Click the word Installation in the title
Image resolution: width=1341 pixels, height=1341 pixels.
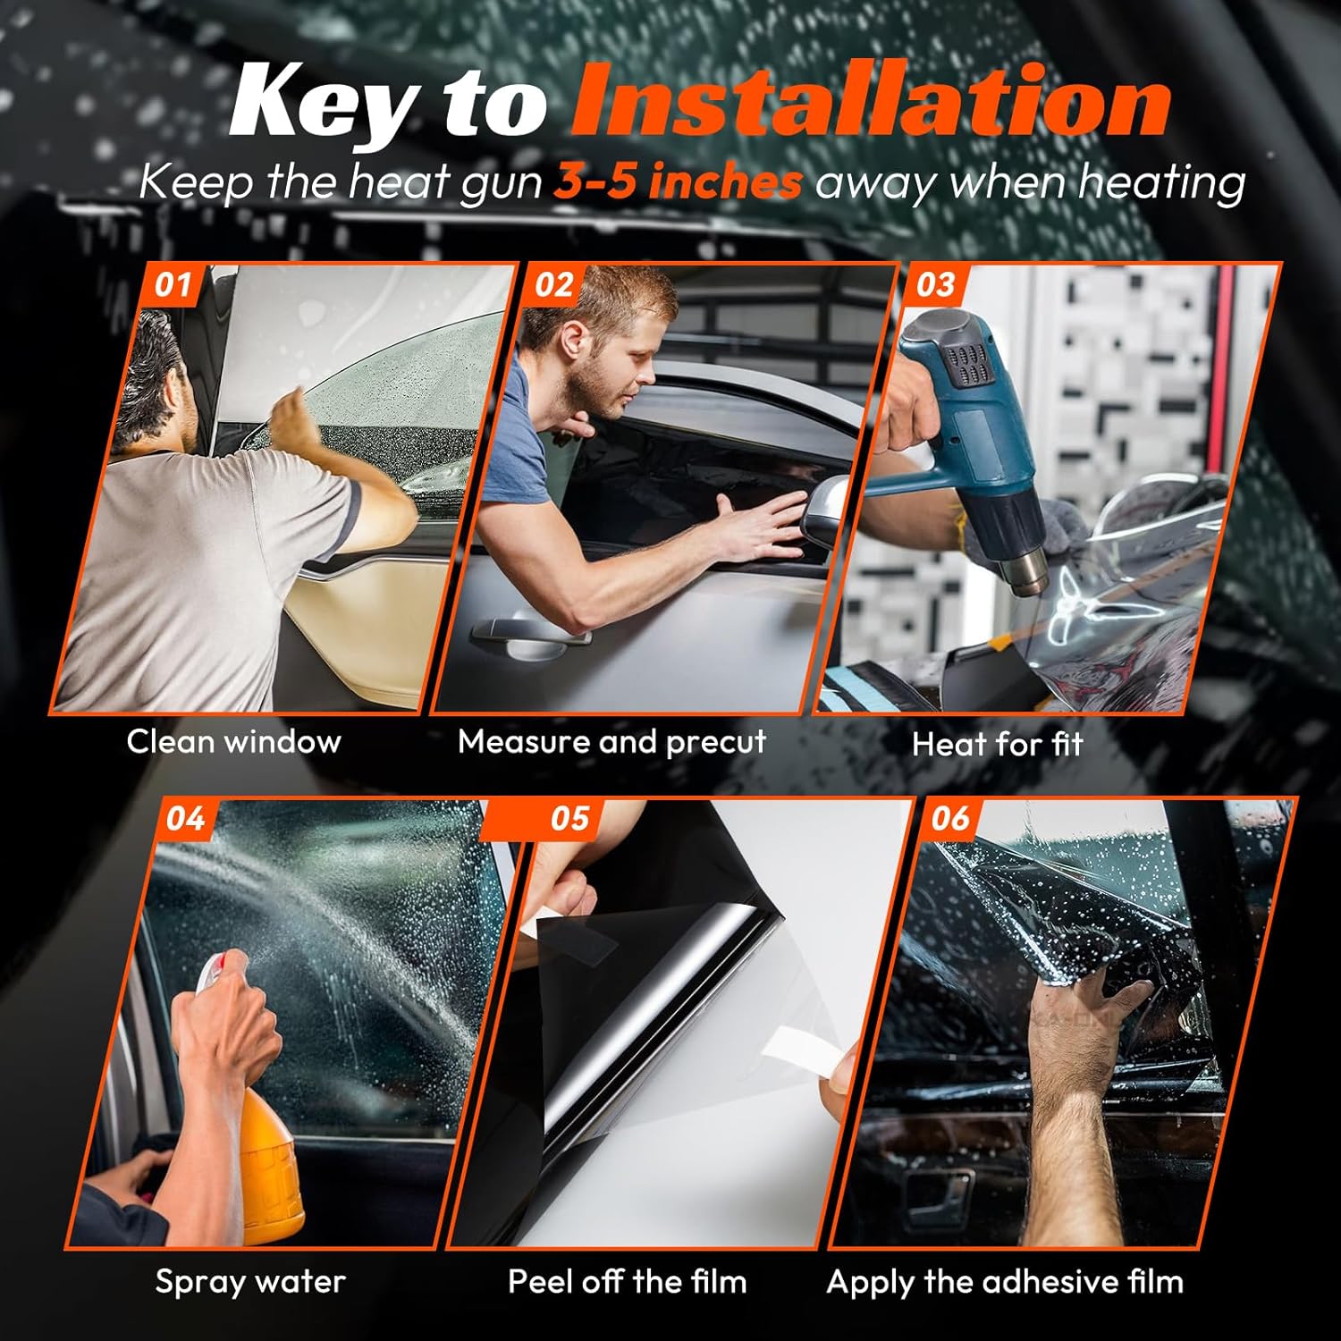[872, 103]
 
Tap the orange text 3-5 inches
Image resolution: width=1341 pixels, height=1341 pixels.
[678, 183]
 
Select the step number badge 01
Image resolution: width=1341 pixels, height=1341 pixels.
[173, 285]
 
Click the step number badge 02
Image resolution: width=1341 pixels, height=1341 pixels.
[553, 285]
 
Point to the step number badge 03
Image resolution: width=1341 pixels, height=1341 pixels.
[935, 285]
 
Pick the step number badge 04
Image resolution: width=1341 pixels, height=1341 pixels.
[185, 819]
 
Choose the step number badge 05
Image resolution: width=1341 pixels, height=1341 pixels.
[569, 819]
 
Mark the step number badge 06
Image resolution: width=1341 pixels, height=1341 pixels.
[949, 819]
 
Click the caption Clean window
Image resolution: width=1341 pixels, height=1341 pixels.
[233, 742]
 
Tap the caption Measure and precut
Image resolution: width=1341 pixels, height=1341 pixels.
[611, 742]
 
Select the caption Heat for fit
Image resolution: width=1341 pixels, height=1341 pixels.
[997, 745]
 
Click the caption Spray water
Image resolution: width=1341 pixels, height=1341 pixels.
[250, 1282]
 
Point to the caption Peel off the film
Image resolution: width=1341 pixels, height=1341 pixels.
[627, 1282]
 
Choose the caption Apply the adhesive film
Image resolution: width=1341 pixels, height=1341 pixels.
[1005, 1282]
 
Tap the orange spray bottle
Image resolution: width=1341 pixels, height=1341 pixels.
[268, 1162]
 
